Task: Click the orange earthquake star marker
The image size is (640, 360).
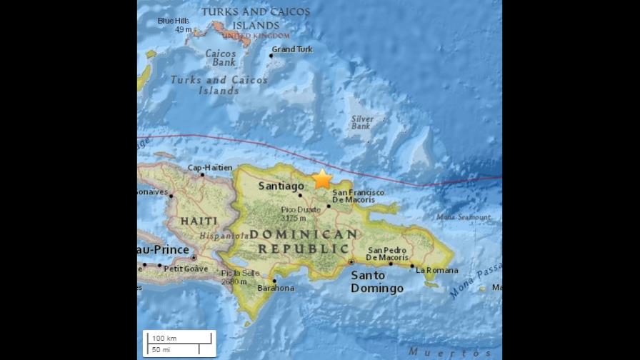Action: [x=323, y=179]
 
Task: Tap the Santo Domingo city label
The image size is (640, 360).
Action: [x=376, y=281]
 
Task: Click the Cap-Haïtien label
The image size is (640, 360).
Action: [x=210, y=168]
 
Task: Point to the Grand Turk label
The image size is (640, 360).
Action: [x=293, y=49]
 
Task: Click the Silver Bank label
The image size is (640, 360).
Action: [x=362, y=123]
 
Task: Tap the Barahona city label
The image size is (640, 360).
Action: [x=275, y=288]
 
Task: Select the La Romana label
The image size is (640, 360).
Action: [x=436, y=270]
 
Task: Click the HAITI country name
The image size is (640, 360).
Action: [x=198, y=221]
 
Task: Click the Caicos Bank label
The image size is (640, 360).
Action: [x=221, y=57]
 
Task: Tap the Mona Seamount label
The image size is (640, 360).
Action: [x=464, y=217]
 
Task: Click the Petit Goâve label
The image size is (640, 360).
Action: [x=186, y=269]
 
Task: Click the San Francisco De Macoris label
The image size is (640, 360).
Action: [x=358, y=196]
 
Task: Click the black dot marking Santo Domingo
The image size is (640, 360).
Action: [x=351, y=262]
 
